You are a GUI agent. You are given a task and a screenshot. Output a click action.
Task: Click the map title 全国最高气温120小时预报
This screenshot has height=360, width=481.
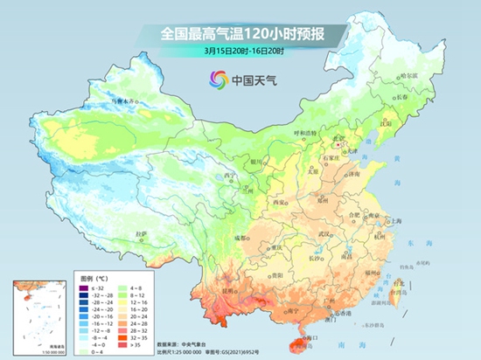(240, 34)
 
